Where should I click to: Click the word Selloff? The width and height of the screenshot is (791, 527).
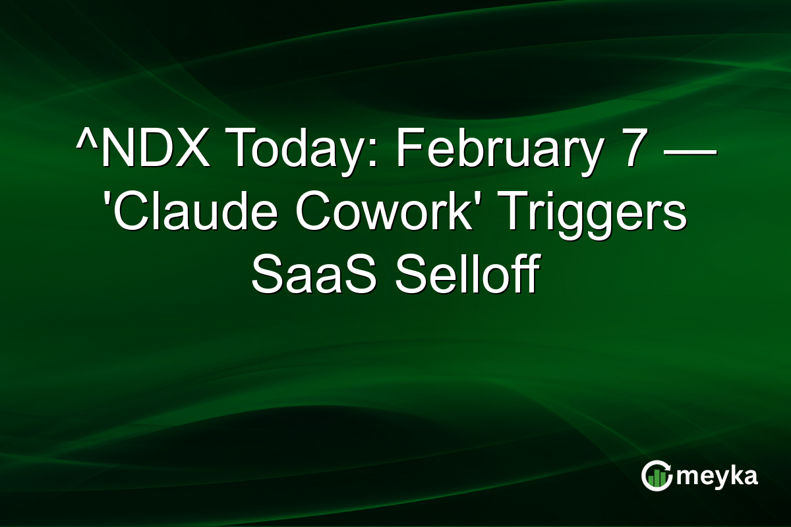pos(467,278)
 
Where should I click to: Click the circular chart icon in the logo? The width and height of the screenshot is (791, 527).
pos(657,476)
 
